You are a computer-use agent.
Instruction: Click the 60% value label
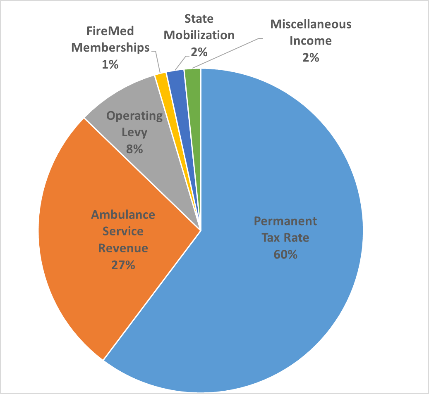click(x=285, y=254)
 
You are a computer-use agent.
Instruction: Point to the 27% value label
click(x=123, y=265)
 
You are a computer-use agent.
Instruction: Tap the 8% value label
click(x=135, y=149)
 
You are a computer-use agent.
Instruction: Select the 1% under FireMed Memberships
click(x=110, y=64)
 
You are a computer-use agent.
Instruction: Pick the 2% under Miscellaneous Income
click(x=311, y=57)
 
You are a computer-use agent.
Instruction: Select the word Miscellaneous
click(x=311, y=24)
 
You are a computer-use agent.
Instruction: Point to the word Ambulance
click(x=123, y=215)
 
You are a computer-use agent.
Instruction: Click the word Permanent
click(x=285, y=221)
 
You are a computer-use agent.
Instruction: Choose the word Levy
click(x=135, y=133)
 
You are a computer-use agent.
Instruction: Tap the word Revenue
click(x=123, y=248)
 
